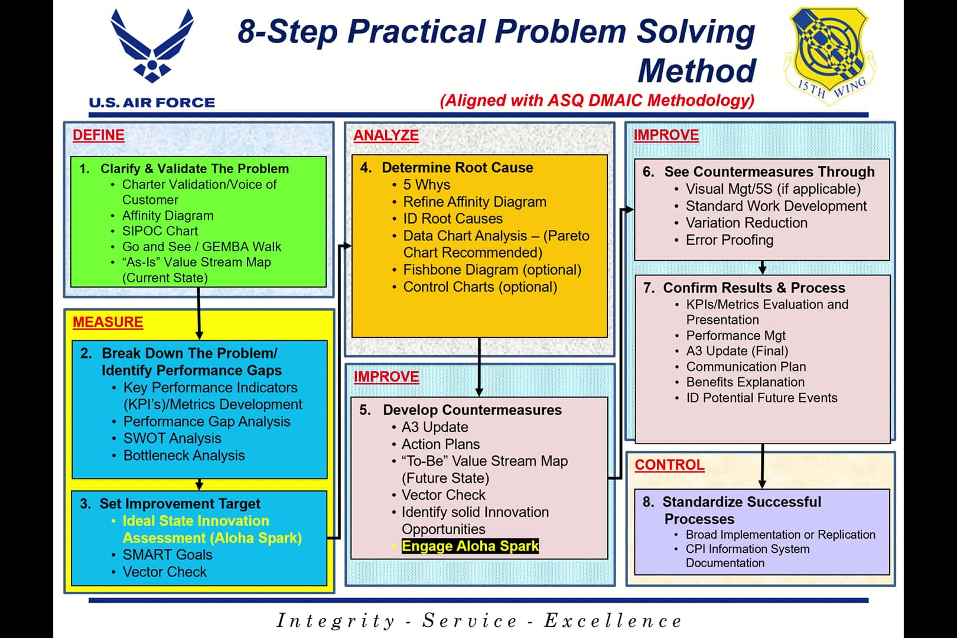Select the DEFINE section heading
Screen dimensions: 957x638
pyautogui.click(x=98, y=135)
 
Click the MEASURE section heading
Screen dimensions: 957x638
pyautogui.click(x=108, y=323)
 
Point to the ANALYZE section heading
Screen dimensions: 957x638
pyautogui.click(x=386, y=135)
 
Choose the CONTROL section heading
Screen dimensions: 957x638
pyautogui.click(x=669, y=465)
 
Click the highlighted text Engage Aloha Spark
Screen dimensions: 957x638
pyautogui.click(x=470, y=546)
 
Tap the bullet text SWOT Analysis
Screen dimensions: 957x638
pyautogui.click(x=172, y=438)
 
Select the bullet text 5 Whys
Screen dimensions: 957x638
pyautogui.click(x=427, y=185)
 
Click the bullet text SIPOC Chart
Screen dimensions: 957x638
pyautogui.click(x=159, y=231)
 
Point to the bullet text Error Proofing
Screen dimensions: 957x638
pyautogui.click(x=729, y=240)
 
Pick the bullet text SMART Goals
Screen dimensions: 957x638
pyautogui.click(x=167, y=555)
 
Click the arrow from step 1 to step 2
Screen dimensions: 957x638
pyautogui.click(x=198, y=313)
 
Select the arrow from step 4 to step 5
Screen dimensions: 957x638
pyautogui.click(x=479, y=366)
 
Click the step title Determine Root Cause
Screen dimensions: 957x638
pyautogui.click(x=457, y=168)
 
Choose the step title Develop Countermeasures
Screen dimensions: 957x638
pyautogui.click(x=471, y=410)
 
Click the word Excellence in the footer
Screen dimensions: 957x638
pyautogui.click(x=613, y=621)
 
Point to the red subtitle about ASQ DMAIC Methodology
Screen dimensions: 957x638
pyautogui.click(x=597, y=100)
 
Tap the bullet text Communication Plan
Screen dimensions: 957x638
pyautogui.click(x=746, y=367)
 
